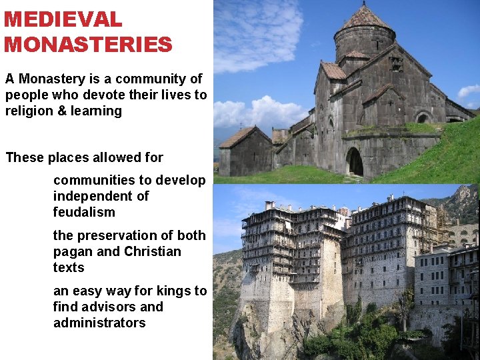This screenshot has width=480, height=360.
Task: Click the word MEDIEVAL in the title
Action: point(63,19)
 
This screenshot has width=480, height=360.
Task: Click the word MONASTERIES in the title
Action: point(88,45)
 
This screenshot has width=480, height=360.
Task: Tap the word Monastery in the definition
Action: point(51,79)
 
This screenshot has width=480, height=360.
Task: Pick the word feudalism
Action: point(84,212)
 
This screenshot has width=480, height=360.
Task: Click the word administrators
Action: point(99,323)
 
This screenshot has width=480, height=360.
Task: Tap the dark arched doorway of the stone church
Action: point(355,161)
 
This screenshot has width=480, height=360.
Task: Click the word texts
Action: point(69,267)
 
